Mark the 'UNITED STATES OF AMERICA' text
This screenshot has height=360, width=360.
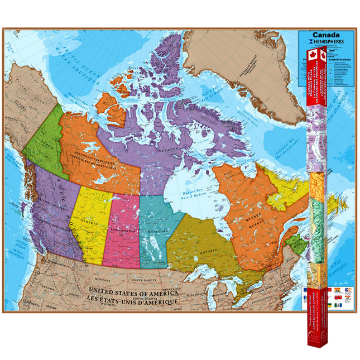(x=133, y=292)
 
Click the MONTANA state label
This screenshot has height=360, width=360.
(x=102, y=279)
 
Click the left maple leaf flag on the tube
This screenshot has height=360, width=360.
(x=311, y=55)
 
